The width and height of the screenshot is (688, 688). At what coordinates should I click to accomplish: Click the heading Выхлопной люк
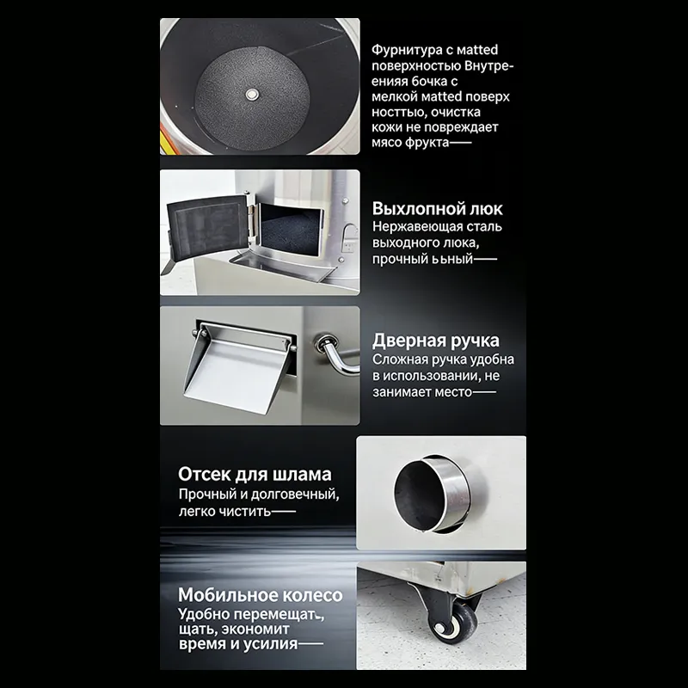(437, 209)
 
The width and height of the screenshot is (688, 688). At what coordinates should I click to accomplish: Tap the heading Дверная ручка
(436, 341)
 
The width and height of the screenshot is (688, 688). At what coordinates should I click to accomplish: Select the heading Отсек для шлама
(255, 475)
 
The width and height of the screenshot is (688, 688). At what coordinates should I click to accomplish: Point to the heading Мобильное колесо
(261, 595)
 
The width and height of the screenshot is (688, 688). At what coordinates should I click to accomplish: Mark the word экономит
(255, 630)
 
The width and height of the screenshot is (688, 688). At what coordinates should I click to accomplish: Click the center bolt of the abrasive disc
(251, 94)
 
